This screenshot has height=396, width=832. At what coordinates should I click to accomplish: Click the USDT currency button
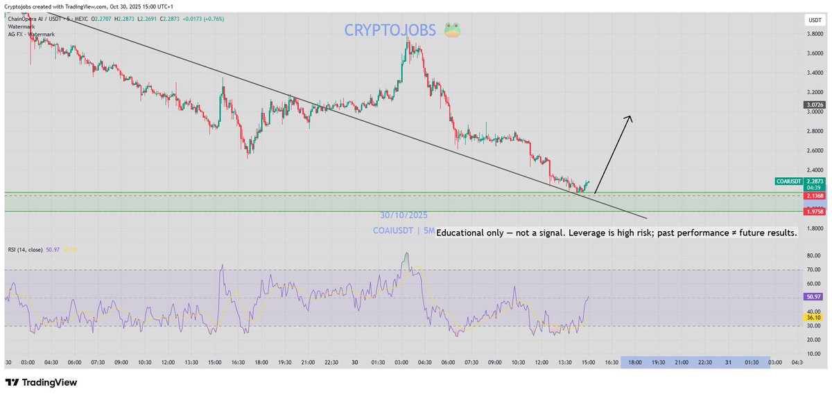coord(813,21)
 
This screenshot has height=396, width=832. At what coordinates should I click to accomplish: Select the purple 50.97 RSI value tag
coord(813,296)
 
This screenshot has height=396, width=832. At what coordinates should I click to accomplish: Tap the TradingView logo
coord(41,382)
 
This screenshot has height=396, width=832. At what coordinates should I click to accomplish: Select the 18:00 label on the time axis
coord(634,362)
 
